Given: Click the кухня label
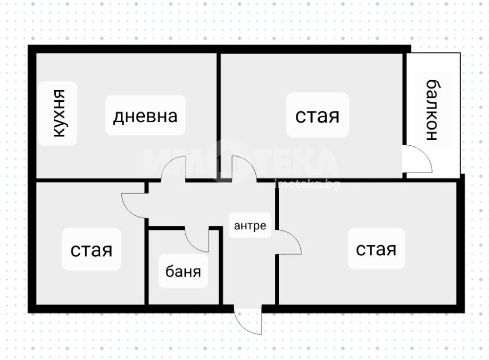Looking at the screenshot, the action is [x=59, y=113].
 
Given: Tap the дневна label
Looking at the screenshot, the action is [x=145, y=116].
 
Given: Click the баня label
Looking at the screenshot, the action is [x=183, y=271].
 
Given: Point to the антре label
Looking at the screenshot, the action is [x=250, y=225].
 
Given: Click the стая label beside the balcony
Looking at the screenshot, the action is [x=317, y=116].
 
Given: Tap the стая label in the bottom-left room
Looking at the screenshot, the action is [x=91, y=250].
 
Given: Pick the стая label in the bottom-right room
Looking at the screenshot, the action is [x=376, y=249].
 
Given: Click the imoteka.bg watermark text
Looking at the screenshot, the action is [x=307, y=185].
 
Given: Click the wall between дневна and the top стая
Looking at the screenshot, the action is [x=219, y=116].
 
